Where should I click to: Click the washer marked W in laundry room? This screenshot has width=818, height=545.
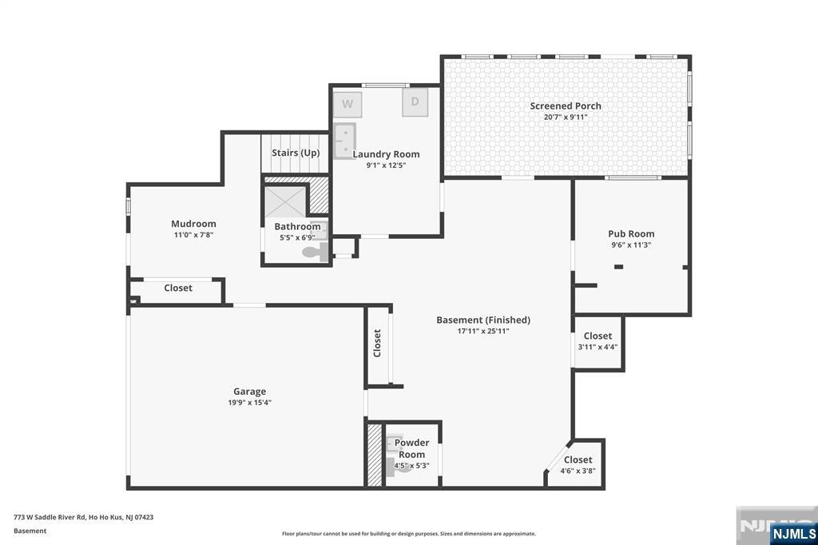click(347, 104)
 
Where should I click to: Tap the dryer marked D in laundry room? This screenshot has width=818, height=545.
click(415, 102)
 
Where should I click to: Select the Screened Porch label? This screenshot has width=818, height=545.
click(566, 105)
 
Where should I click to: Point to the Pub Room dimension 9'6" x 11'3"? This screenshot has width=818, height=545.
click(631, 245)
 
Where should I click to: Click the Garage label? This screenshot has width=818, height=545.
click(249, 392)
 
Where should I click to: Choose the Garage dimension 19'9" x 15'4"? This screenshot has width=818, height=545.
click(249, 403)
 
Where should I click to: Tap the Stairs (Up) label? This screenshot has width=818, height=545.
click(296, 153)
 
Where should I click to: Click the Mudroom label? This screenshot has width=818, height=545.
click(193, 224)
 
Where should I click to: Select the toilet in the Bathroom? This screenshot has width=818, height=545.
click(315, 253)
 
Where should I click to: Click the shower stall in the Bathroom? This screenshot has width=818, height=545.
click(285, 201)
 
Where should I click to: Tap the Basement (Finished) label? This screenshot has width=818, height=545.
click(482, 320)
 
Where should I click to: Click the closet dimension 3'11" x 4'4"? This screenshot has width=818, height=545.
click(598, 347)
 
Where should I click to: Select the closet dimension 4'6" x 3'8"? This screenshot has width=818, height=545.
click(578, 471)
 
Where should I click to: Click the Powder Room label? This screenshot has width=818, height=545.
click(411, 448)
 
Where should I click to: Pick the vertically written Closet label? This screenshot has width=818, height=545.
click(378, 343)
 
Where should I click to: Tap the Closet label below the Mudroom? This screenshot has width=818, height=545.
click(178, 288)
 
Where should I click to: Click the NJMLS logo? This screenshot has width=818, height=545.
click(793, 533)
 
